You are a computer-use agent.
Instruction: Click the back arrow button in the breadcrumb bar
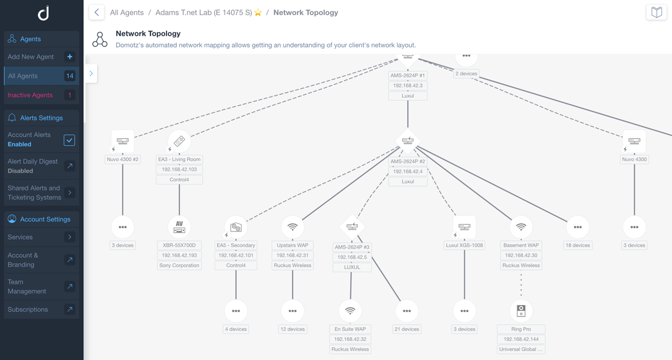coord(97,12)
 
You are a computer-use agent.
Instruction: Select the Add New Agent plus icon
coord(70,56)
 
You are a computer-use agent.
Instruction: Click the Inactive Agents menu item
coord(30,95)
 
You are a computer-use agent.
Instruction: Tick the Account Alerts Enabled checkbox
coord(69,140)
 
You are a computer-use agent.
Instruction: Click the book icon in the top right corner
coord(656,12)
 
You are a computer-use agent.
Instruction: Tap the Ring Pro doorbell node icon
coord(521,310)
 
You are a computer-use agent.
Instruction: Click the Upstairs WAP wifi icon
coord(292,227)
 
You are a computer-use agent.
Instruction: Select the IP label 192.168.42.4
coord(408,172)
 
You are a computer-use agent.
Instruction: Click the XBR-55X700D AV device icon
coord(179,227)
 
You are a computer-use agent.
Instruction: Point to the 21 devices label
coord(407,329)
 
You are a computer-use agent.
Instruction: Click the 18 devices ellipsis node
coord(578,227)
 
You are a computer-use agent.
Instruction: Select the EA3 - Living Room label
coord(179,159)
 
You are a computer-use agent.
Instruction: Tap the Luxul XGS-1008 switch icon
coord(464,227)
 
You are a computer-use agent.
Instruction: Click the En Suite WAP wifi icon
coord(350,310)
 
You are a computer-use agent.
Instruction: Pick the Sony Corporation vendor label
coord(179,266)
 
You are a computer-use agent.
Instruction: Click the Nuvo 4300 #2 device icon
coord(123,141)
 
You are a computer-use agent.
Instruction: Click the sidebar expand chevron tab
coord(91,73)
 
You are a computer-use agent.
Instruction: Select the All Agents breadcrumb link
coord(127,12)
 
